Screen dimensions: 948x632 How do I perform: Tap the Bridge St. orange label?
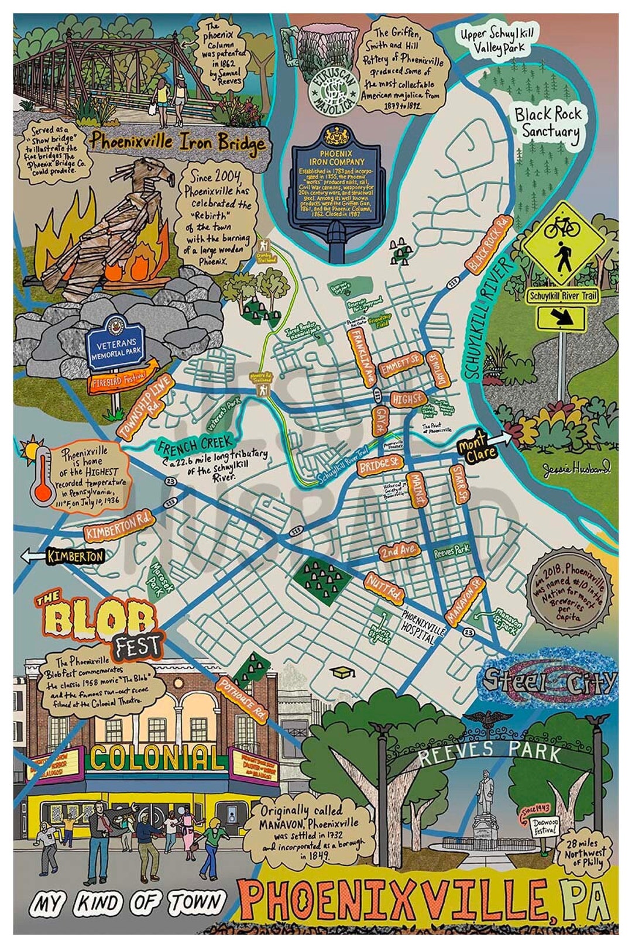379,465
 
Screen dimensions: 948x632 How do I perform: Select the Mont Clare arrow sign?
485,449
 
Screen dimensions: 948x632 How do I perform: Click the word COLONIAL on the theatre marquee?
157,758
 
